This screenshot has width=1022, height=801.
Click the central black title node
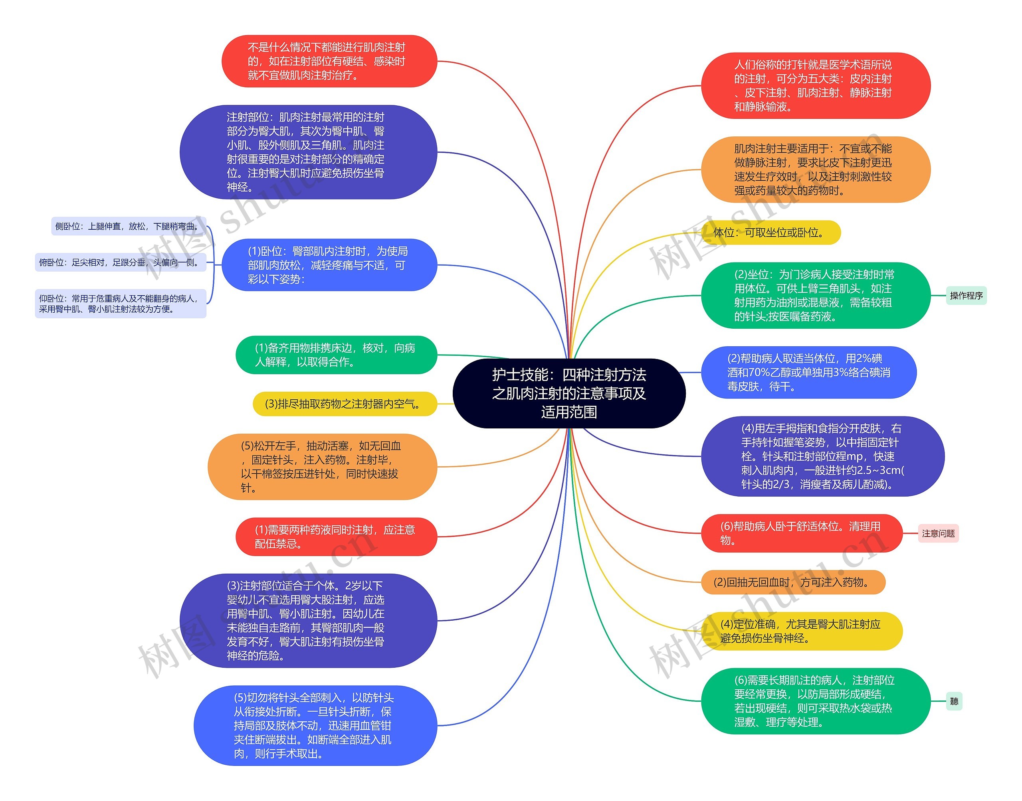pos(569,393)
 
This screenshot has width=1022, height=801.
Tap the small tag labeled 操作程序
pos(966,296)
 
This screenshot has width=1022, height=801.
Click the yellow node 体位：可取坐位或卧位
pos(770,233)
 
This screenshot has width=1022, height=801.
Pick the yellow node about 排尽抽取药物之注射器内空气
pos(345,404)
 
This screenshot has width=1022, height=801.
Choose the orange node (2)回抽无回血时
pos(792,582)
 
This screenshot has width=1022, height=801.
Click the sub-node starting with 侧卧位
pos(128,226)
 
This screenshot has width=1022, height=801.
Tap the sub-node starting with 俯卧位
pos(120,262)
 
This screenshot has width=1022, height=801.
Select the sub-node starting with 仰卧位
pos(120,304)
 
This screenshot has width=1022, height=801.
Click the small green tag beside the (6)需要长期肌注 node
pos(954,701)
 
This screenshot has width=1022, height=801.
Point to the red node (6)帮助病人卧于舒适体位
pos(801,533)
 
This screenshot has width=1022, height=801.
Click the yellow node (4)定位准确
pos(801,631)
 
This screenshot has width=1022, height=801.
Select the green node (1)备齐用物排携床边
pos(336,355)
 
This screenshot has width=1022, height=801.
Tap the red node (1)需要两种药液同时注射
pos(336,537)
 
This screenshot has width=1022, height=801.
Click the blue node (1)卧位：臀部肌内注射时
pos(329,265)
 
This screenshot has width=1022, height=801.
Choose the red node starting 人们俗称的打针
pos(815,85)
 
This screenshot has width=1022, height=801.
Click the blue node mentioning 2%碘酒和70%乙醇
pos(808,372)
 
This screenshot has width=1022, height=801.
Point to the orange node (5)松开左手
pos(322,467)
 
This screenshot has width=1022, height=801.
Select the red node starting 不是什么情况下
pos(329,61)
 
